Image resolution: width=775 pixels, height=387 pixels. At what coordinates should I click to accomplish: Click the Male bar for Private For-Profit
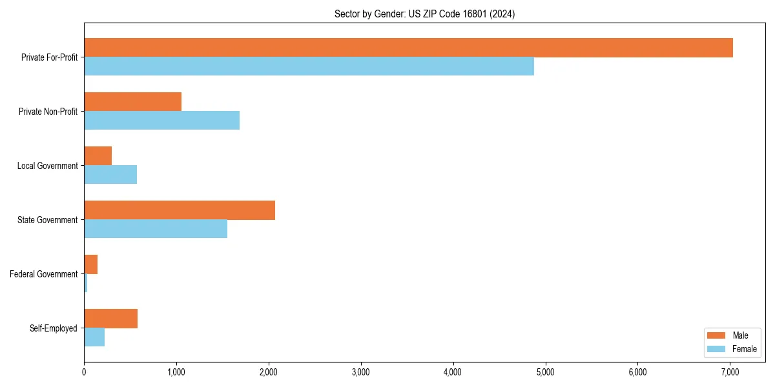coord(408,48)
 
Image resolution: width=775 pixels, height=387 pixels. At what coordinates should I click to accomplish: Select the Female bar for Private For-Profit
coord(309,66)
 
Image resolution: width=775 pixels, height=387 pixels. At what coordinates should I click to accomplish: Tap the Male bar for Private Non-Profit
coord(132,102)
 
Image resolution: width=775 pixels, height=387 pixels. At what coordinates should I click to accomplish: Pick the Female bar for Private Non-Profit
coord(161,121)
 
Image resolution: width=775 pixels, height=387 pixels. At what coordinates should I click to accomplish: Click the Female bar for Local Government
coord(110,175)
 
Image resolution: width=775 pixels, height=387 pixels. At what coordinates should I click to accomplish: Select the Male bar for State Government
coord(180,210)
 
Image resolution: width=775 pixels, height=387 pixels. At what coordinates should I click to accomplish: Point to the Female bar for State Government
coord(156,229)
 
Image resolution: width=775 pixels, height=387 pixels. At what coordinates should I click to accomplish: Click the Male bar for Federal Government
coord(90,264)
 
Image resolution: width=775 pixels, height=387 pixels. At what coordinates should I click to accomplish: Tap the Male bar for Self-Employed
coord(110,319)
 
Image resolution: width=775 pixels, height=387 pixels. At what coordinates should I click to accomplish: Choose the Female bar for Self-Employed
coord(94,337)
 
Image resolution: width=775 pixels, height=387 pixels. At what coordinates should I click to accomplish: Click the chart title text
coord(424,14)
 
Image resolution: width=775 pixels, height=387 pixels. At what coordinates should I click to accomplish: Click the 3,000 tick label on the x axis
coord(361,372)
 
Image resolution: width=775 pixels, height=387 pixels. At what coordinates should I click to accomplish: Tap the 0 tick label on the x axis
coord(84,372)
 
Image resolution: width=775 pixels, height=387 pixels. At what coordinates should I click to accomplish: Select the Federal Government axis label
coord(44,274)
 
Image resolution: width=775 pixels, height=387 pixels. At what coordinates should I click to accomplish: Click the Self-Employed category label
coord(54,328)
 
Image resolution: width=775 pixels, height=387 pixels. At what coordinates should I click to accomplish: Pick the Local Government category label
coord(47,166)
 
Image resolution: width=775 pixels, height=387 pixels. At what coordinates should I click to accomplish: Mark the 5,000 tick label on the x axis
coord(546,372)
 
